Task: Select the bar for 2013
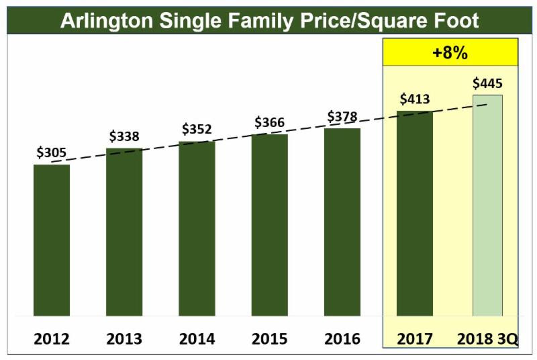[124, 232]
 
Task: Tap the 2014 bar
[197, 228]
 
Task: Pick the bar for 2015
[270, 225]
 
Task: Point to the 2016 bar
[342, 222]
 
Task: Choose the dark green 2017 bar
[415, 214]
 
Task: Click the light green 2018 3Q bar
[487, 206]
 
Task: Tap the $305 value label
[52, 152]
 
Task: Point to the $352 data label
[197, 130]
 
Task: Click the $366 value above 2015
[270, 123]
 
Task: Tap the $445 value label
[487, 84]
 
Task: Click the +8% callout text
[450, 53]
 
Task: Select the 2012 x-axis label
[52, 339]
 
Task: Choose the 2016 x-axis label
[342, 339]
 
